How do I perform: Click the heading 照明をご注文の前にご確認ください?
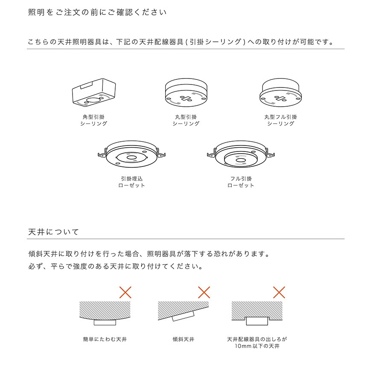97,12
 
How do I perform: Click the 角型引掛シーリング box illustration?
94,92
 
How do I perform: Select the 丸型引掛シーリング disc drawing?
186,92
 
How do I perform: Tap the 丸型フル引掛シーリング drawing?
280,92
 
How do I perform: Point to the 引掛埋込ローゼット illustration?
131,154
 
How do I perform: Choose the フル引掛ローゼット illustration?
241,154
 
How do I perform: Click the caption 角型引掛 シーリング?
93,120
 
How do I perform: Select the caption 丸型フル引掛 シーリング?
281,120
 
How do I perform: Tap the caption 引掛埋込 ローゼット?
131,182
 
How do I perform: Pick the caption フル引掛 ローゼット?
241,182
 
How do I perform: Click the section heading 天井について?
53,232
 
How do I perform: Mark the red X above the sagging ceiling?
125,292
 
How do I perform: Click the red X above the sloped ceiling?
204,292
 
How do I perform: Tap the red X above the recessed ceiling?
279,292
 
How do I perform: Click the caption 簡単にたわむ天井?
105,339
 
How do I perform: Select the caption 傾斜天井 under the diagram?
183,339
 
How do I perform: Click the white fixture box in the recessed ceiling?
257,321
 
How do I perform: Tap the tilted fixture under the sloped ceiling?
183,316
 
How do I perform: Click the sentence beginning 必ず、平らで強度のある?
115,266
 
